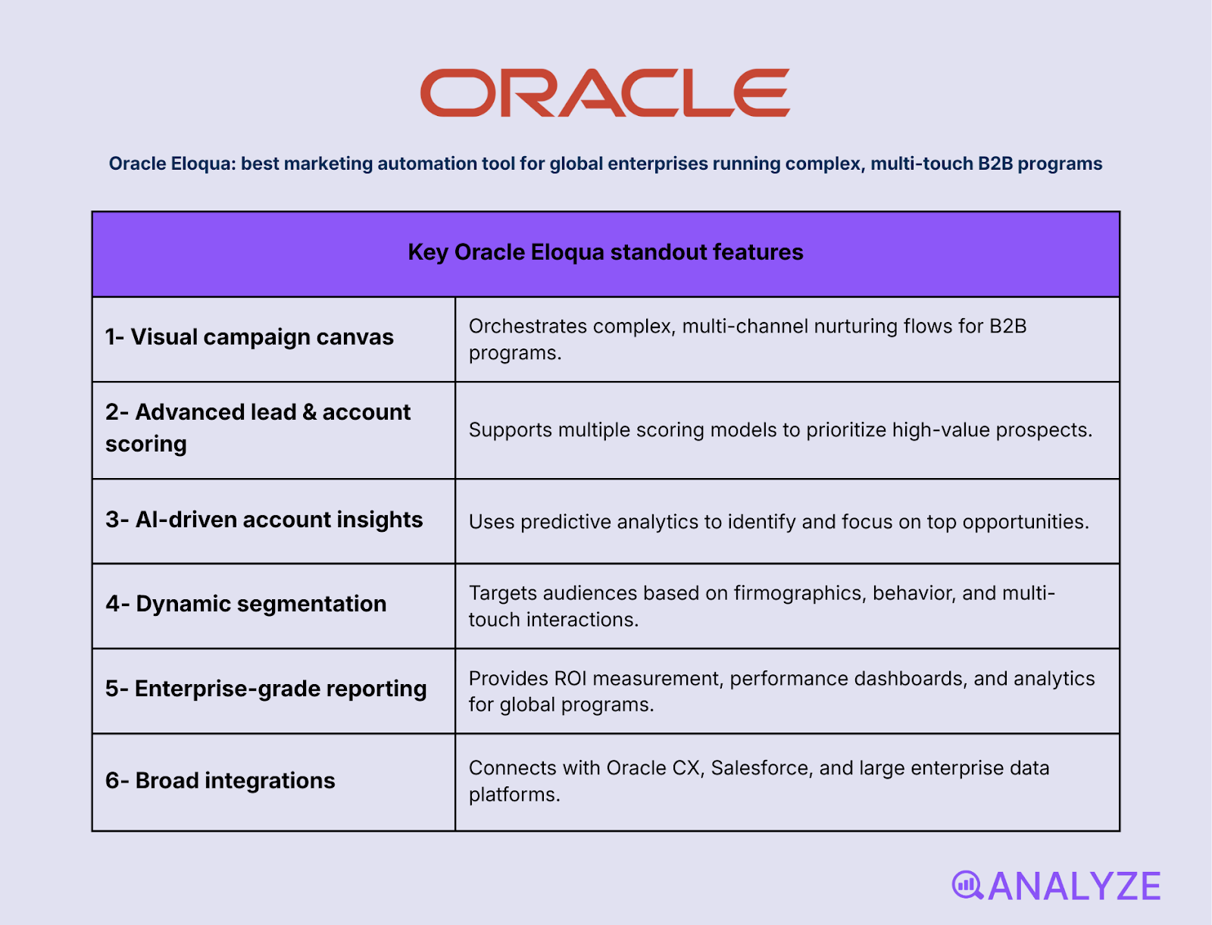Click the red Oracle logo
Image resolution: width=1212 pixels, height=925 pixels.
604,92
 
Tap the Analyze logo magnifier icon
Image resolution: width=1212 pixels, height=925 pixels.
967,885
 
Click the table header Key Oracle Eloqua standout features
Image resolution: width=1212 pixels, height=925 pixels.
605,252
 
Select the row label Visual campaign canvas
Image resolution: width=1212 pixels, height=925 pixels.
249,337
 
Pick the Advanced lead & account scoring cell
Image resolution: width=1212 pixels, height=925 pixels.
258,428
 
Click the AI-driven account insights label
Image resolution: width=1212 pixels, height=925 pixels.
264,520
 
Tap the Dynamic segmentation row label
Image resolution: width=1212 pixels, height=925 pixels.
246,604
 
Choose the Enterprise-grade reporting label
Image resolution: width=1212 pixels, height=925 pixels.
266,689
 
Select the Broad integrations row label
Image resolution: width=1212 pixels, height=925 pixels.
220,780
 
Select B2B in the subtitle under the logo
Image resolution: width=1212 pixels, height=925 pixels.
995,164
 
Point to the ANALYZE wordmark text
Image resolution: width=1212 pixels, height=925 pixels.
1074,886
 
